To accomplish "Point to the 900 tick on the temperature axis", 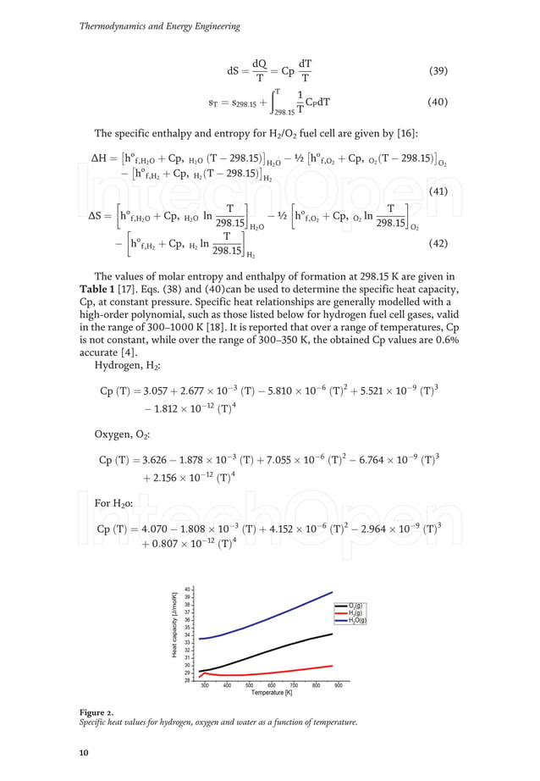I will tap(338, 685).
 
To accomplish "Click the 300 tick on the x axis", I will tap(205, 685).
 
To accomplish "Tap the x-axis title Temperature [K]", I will tap(271, 694).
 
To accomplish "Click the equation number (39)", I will tap(437, 71).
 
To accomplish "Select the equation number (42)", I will tap(437, 243).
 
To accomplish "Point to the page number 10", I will tap(84, 752).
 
